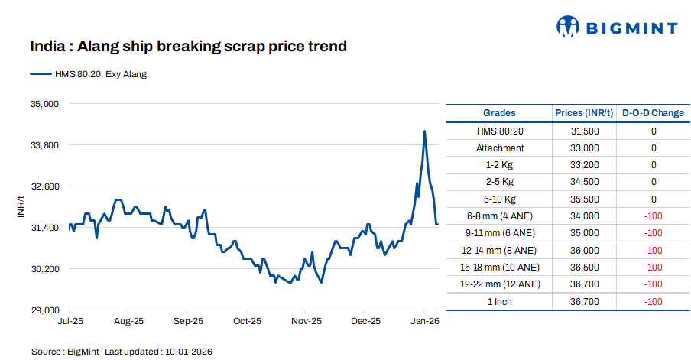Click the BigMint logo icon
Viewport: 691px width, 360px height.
566,27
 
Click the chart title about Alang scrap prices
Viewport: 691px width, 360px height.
188,47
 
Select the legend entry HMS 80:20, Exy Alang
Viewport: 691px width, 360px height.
99,74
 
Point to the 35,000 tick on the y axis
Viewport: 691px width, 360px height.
44,104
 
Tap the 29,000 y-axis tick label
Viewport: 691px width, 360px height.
44,311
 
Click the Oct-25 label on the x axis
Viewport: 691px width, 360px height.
248,322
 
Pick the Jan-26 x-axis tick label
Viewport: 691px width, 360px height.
425,322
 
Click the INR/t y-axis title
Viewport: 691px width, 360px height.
21,207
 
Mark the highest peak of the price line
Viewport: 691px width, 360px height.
425,131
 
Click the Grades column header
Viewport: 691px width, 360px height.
499,113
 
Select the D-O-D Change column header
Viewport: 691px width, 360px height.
653,113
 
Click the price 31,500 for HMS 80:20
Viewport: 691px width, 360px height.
585,131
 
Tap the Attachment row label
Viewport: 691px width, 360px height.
500,148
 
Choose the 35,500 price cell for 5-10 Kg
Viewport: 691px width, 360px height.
585,199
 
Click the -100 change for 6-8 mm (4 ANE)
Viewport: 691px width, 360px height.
654,216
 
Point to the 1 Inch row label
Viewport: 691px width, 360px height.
500,301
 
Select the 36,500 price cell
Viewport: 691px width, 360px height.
585,268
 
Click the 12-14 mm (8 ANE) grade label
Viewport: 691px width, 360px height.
500,250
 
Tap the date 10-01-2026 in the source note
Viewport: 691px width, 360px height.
187,352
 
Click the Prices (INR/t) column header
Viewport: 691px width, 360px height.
584,113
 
